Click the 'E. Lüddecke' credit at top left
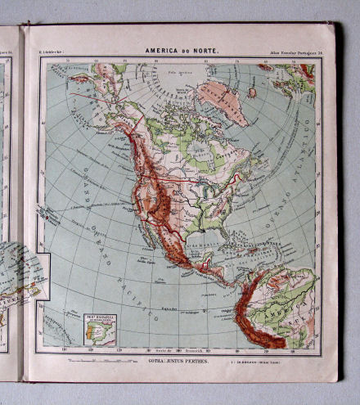[x=51, y=54]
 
